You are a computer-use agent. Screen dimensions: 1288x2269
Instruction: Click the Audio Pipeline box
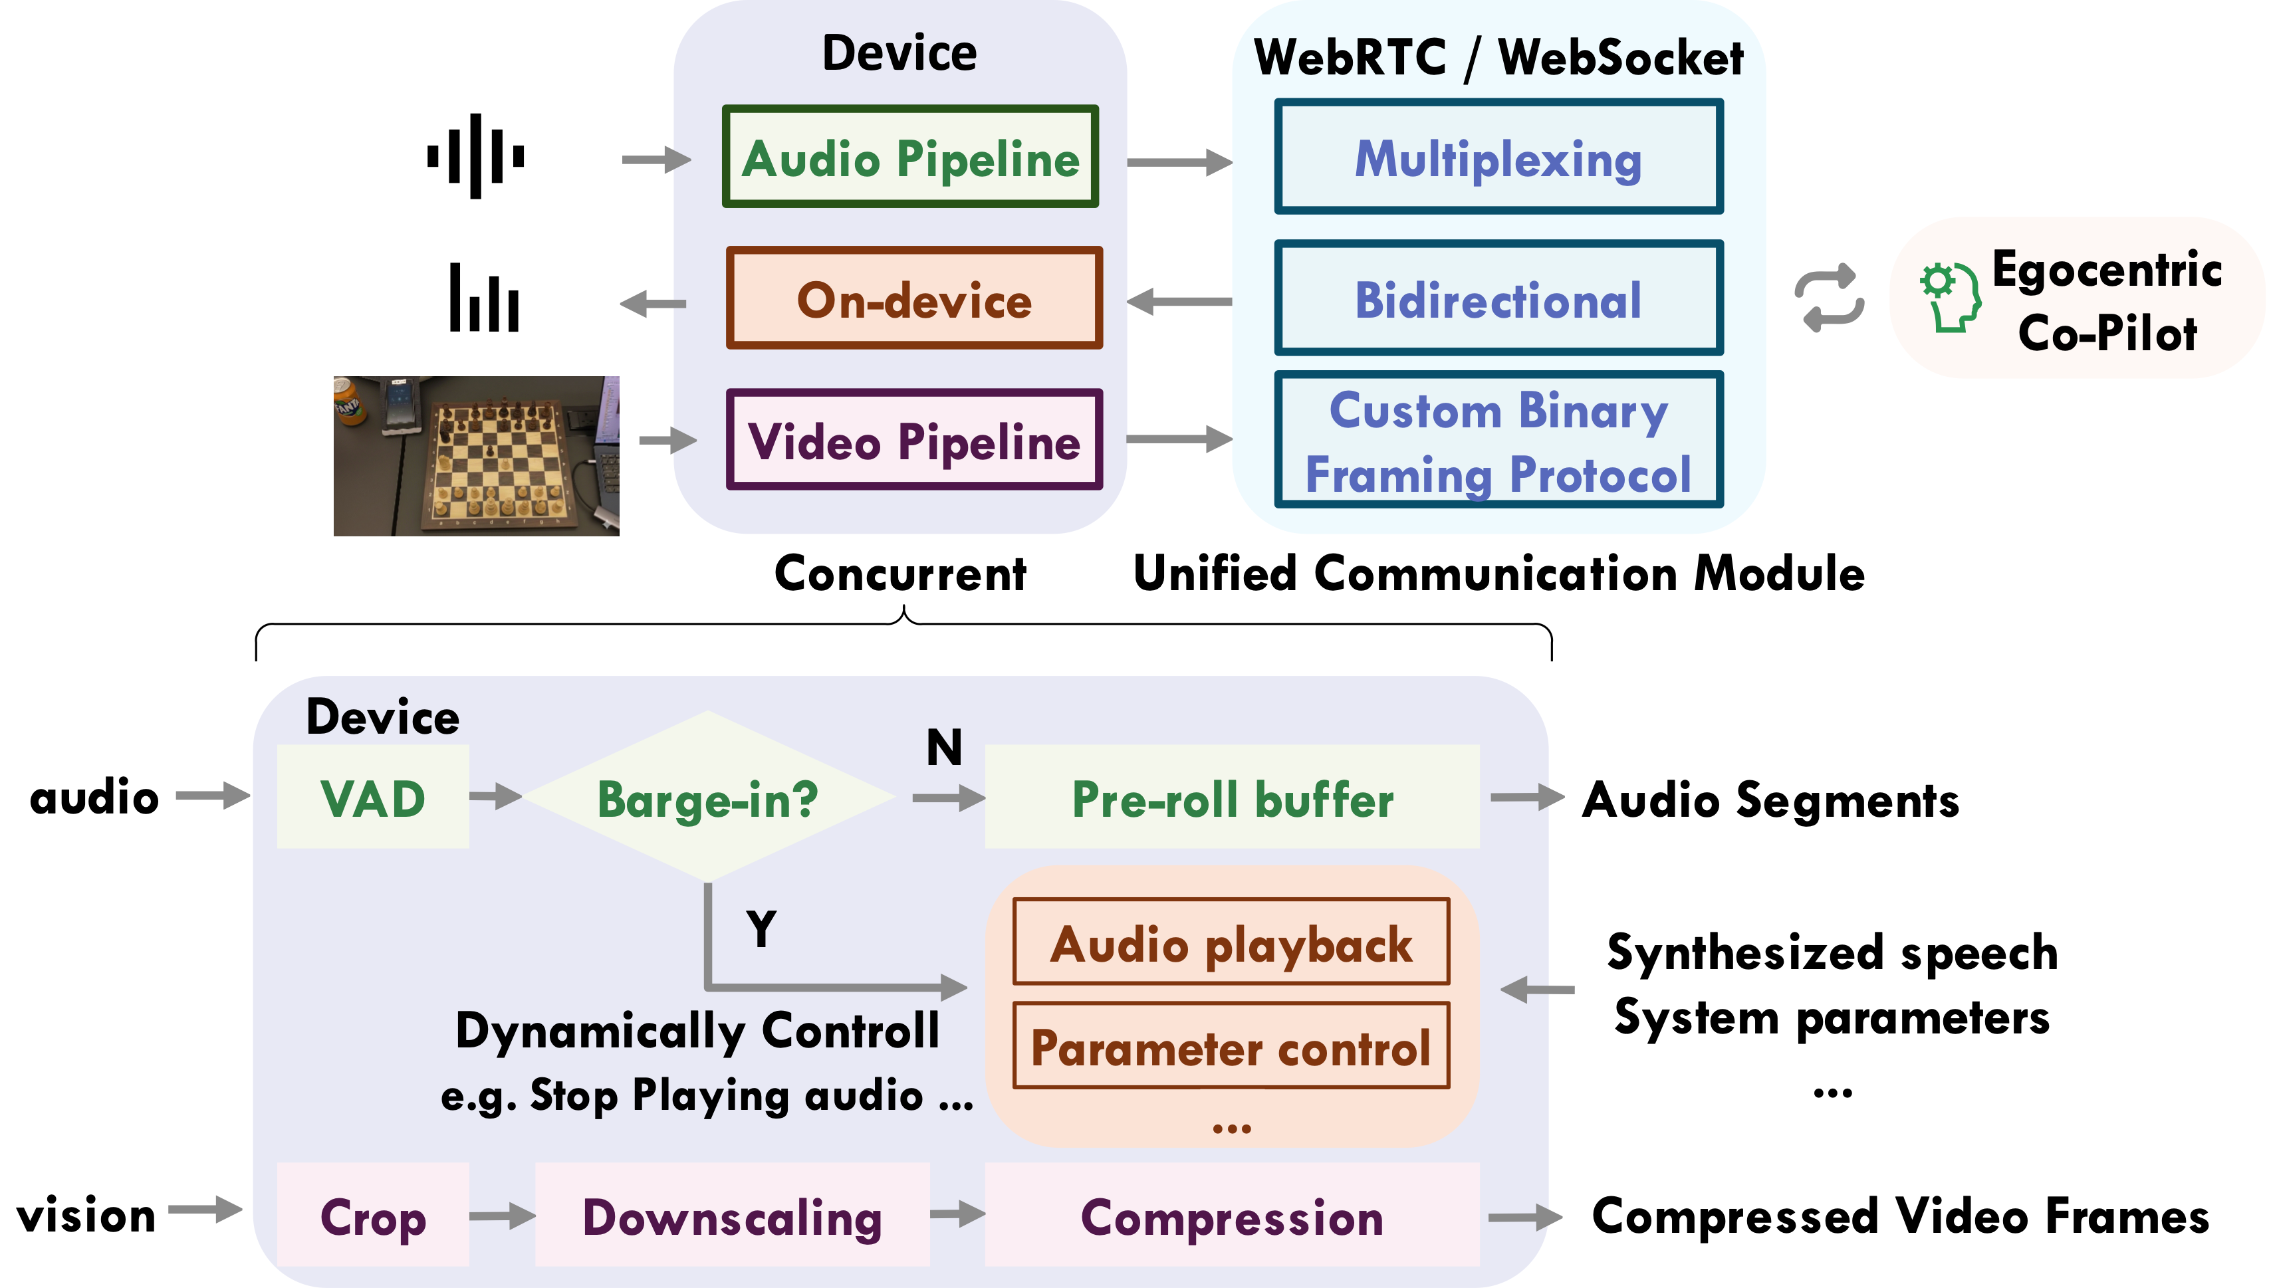(910, 158)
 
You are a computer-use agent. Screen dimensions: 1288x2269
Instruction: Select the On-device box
(914, 298)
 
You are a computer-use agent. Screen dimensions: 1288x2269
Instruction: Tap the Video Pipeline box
(914, 440)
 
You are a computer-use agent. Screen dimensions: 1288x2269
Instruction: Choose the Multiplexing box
(1498, 158)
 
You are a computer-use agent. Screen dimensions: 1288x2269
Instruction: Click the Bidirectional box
(1498, 298)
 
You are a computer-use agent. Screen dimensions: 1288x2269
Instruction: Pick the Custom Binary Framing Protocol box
(1498, 440)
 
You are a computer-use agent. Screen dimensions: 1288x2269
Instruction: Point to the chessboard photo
(476, 455)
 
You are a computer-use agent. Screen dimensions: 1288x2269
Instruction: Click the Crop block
(372, 1216)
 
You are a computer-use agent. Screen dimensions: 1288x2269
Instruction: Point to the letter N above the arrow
(944, 748)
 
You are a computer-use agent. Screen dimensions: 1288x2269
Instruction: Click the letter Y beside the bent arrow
(761, 929)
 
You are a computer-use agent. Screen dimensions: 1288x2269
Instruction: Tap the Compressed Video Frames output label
(1899, 1216)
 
